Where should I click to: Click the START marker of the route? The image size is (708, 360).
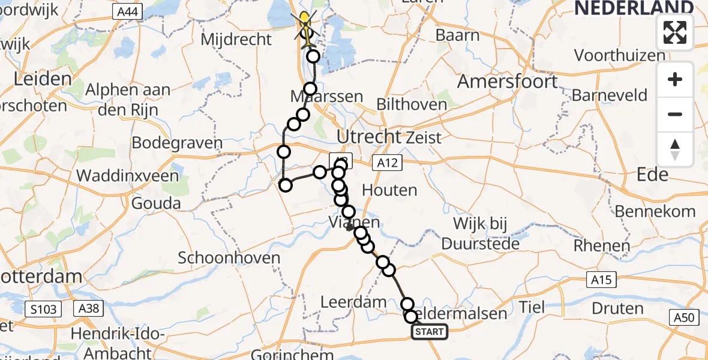click(429, 332)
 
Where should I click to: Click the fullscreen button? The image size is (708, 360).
click(675, 32)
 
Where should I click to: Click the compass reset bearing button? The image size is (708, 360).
click(675, 149)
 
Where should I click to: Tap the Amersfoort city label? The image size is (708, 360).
click(508, 82)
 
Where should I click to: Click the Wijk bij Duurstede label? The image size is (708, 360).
click(480, 234)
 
